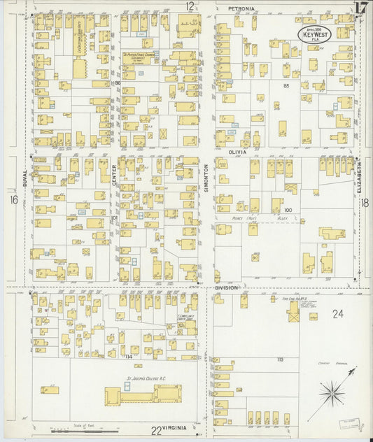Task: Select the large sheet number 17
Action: click(x=361, y=8)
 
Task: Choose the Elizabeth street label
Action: click(x=362, y=178)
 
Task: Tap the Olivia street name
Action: click(x=239, y=151)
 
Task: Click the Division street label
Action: click(x=226, y=287)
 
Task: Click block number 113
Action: click(x=279, y=359)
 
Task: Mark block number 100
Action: click(x=288, y=209)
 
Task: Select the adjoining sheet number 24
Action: click(x=338, y=314)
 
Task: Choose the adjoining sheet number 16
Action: click(x=13, y=200)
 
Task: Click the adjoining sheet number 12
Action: click(x=190, y=6)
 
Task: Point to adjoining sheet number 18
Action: click(x=365, y=202)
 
